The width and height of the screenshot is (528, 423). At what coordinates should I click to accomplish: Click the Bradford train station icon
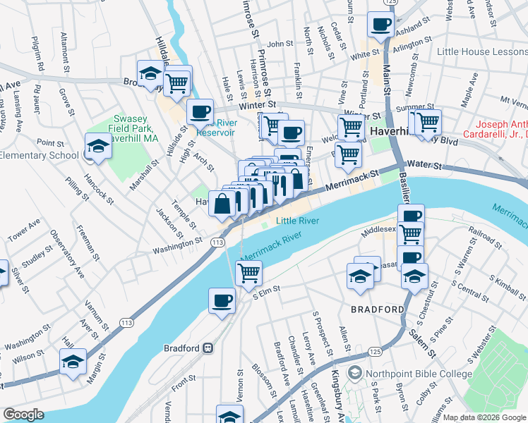[208, 348]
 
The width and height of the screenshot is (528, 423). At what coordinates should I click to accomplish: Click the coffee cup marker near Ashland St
[380, 26]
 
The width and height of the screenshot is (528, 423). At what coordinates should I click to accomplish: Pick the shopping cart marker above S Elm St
[248, 273]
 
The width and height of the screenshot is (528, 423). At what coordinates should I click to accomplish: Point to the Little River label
[297, 221]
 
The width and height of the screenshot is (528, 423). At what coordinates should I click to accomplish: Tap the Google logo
[23, 415]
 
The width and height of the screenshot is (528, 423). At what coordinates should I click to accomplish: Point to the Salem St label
[422, 338]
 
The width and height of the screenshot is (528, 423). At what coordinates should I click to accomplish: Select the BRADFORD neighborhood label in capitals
[378, 309]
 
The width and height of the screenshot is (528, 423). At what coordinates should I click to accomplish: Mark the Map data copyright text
[484, 417]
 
